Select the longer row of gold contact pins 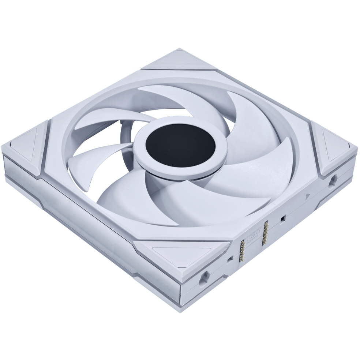tap(266, 234)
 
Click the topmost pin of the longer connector tap(266, 223)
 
